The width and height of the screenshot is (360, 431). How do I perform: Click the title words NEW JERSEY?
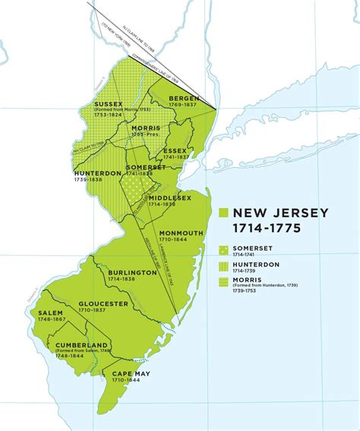280,213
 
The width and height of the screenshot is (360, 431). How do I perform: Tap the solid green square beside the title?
223,213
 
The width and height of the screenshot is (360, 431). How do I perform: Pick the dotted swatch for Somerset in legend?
223,249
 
